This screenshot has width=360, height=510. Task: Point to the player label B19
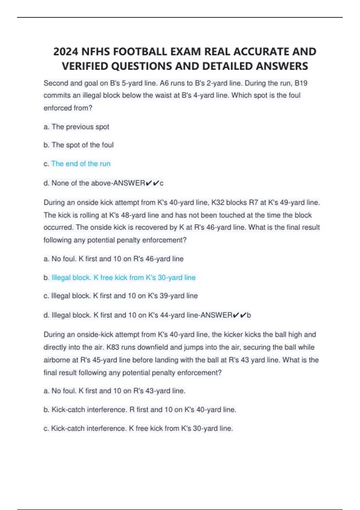[301, 83]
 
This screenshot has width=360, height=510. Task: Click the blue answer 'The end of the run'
[81, 164]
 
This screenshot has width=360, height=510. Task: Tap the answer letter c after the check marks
[162, 183]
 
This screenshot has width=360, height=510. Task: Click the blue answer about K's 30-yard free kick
[123, 277]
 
